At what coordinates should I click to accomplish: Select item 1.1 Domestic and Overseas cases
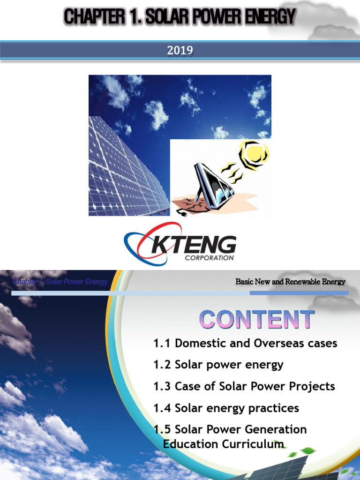(x=245, y=343)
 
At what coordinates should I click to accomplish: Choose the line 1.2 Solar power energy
(x=218, y=365)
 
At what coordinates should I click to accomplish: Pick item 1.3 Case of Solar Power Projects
(x=244, y=386)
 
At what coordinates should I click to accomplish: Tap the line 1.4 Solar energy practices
(x=226, y=408)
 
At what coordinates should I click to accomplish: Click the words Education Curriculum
(x=223, y=443)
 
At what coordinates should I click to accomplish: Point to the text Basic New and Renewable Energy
(x=290, y=282)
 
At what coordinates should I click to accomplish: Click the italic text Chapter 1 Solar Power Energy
(x=60, y=282)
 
